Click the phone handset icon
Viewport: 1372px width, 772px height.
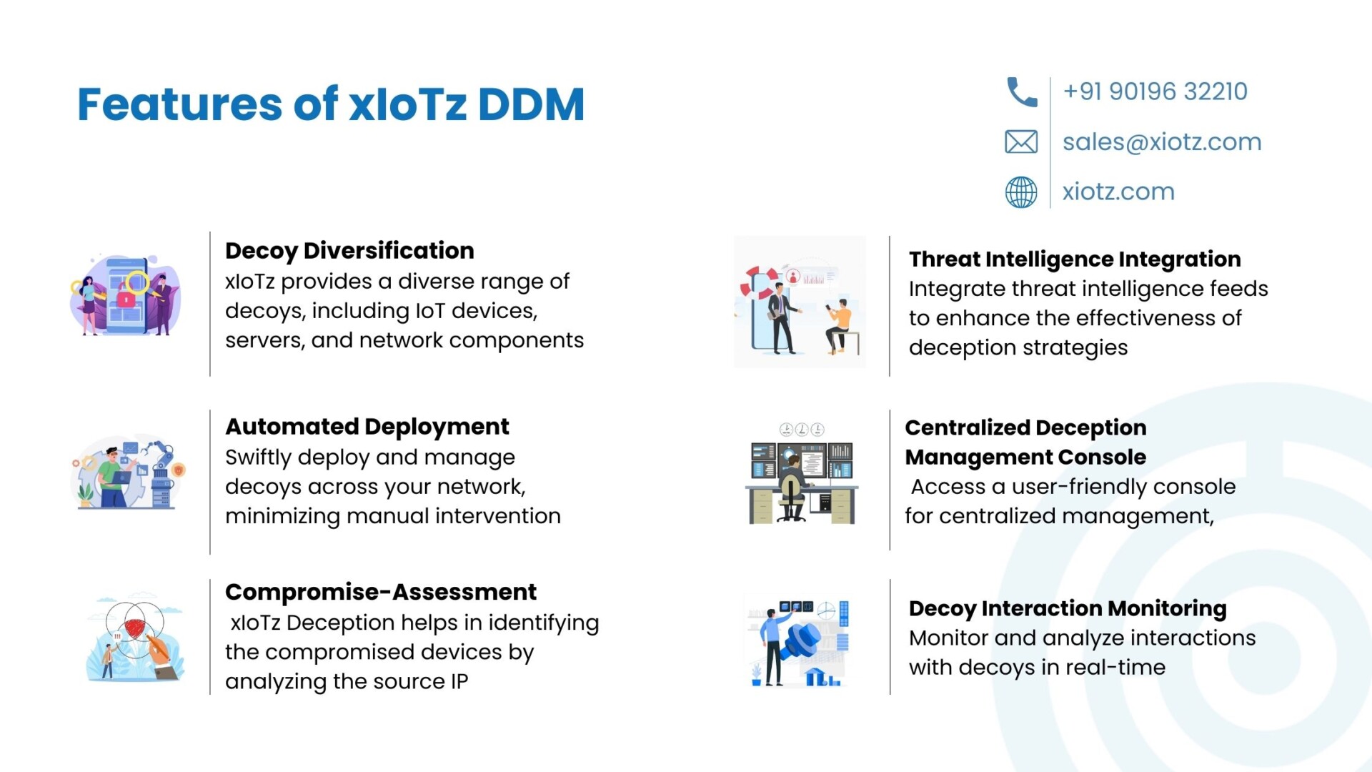pos(1021,92)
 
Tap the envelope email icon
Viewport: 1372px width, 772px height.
pos(1021,142)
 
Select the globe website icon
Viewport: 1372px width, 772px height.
pos(1021,192)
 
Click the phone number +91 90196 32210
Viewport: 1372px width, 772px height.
pos(1155,91)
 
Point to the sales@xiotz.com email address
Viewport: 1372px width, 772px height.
pos(1162,142)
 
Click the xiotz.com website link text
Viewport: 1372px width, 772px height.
pos(1118,192)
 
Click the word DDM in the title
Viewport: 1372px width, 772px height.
pos(531,104)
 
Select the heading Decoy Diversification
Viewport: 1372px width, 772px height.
pos(349,251)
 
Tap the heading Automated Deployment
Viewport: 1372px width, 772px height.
pos(367,427)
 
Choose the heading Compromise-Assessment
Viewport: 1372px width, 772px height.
pos(381,592)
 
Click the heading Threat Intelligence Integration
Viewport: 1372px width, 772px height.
pos(1075,259)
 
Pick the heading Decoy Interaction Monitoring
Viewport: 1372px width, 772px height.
pos(1068,608)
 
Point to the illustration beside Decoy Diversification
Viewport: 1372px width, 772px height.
pos(125,295)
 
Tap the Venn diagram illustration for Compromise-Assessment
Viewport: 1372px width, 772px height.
pos(135,635)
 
